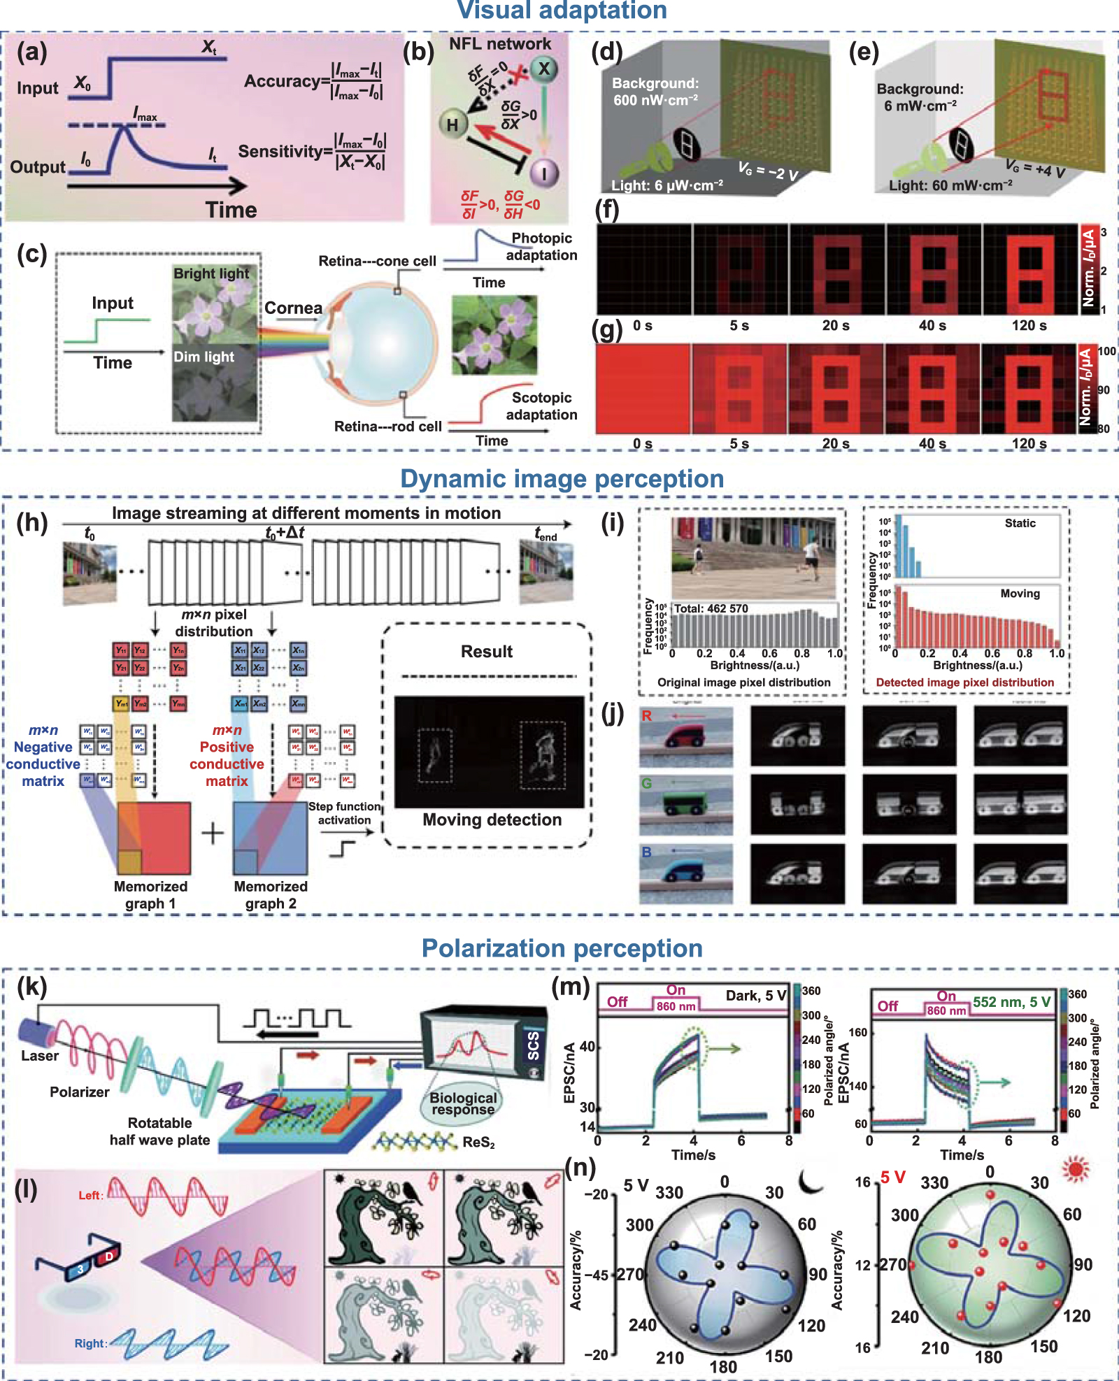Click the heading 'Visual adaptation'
[562, 10]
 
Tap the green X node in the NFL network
[543, 69]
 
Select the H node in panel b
[452, 124]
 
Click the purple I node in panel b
[545, 173]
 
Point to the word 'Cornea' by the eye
[293, 308]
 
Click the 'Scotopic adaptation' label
[541, 406]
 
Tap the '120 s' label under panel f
[1029, 325]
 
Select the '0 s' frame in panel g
[642, 389]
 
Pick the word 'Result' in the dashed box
[487, 651]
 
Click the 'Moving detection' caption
[492, 820]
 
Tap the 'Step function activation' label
[344, 813]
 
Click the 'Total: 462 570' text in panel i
[711, 608]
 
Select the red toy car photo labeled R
[686, 736]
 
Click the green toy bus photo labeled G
[686, 804]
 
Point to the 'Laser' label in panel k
[40, 1056]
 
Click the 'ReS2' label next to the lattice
[478, 1143]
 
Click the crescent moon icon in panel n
[811, 1181]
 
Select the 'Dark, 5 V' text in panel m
[756, 995]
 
